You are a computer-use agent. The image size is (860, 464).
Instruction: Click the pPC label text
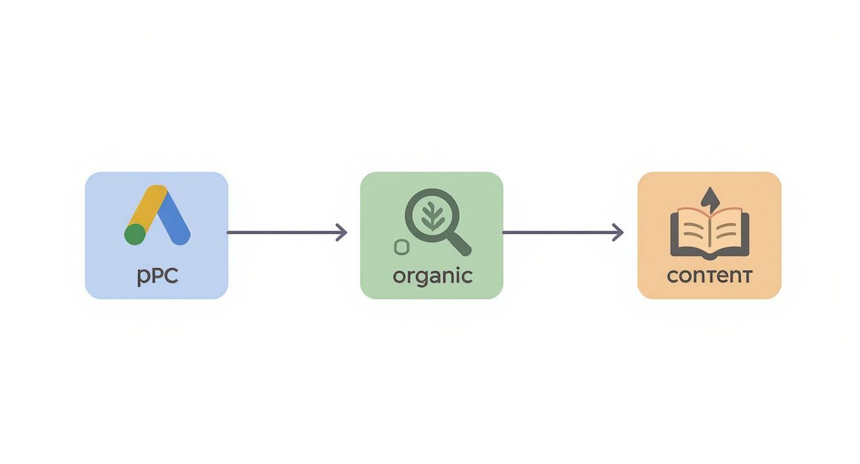tap(158, 276)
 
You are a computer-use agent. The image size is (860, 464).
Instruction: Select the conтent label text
tap(709, 276)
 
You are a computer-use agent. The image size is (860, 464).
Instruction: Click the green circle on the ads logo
tap(135, 234)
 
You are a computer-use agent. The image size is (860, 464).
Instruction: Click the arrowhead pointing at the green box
tap(341, 233)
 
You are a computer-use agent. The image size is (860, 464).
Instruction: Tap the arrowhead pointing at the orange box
tap(617, 233)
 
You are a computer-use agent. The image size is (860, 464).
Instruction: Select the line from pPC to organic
tap(287, 233)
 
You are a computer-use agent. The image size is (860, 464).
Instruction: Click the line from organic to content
tap(563, 233)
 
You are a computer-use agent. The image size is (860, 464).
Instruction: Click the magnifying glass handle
tap(460, 244)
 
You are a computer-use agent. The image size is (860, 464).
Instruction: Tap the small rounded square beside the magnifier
tap(402, 247)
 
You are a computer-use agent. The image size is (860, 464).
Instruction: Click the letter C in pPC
tap(170, 275)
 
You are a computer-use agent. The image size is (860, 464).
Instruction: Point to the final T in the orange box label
tap(746, 276)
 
